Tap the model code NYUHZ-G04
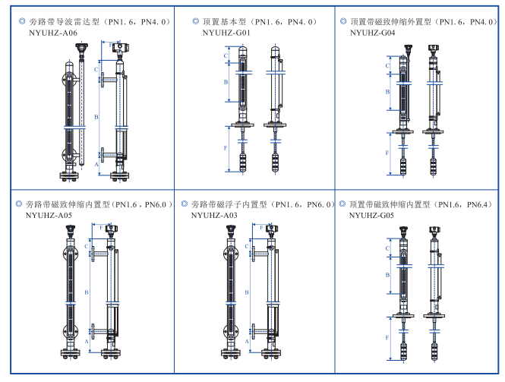[373, 33]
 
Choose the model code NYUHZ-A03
[214, 216]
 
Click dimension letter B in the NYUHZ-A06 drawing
[96, 117]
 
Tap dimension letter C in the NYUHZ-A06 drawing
[96, 70]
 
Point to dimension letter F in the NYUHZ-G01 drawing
[226, 148]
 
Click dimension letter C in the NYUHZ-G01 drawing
[226, 56]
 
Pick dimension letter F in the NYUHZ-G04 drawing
[387, 153]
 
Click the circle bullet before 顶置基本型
[195, 23]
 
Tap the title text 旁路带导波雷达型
[71, 23]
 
